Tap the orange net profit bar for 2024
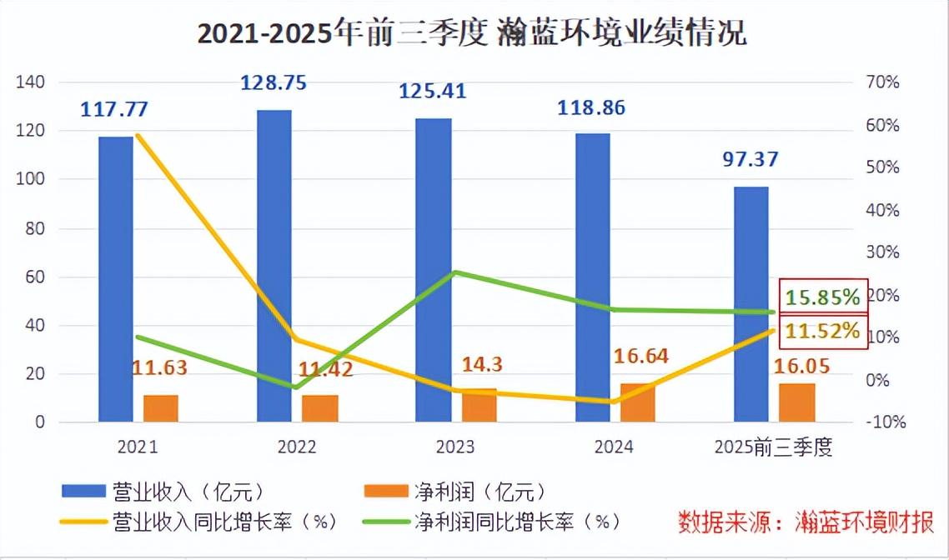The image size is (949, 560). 638,403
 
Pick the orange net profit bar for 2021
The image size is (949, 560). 161,408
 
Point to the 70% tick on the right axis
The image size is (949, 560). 882,82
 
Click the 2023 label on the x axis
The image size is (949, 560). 455,447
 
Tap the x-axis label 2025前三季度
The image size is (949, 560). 774,447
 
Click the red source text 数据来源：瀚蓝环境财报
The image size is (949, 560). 806,522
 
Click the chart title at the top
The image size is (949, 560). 472,33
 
